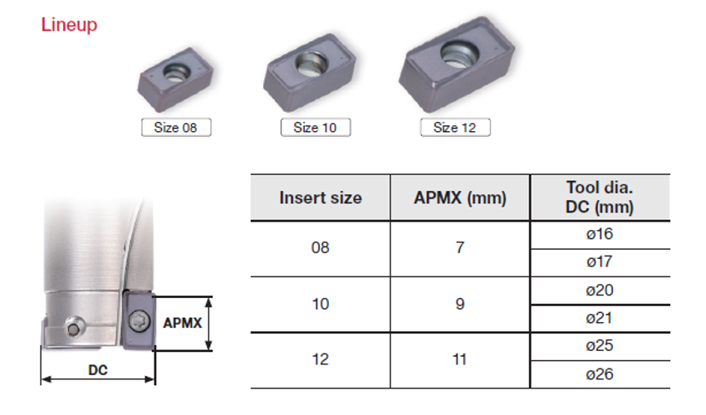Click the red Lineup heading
(x=69, y=24)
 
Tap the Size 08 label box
(x=176, y=127)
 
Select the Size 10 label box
(x=315, y=127)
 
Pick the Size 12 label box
(x=455, y=127)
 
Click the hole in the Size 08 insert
(x=175, y=71)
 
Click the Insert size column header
(x=321, y=198)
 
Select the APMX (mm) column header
(x=460, y=198)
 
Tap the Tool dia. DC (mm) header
(x=600, y=198)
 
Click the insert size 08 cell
(x=320, y=247)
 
